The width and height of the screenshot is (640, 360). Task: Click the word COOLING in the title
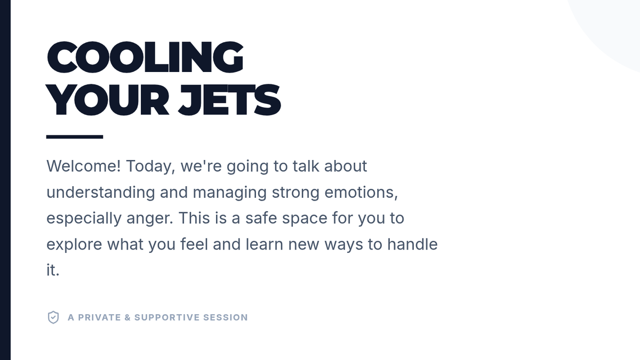click(145, 57)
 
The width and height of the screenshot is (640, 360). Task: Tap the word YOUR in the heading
click(107, 100)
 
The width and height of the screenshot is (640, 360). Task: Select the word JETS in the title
click(229, 100)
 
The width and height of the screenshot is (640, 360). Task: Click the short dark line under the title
click(75, 137)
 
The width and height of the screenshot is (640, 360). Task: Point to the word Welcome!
click(83, 166)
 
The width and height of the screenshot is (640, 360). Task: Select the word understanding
click(101, 193)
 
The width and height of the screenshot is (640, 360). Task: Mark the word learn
click(265, 244)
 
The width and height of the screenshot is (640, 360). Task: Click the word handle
click(412, 244)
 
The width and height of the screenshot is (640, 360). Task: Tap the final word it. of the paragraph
click(53, 270)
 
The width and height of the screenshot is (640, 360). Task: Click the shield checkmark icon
click(53, 317)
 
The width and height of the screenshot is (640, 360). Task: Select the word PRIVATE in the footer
click(99, 317)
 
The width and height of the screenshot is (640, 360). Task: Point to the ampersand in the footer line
click(127, 317)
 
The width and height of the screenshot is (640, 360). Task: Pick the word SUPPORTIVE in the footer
click(167, 317)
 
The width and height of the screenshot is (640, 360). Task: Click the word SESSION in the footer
click(226, 317)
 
